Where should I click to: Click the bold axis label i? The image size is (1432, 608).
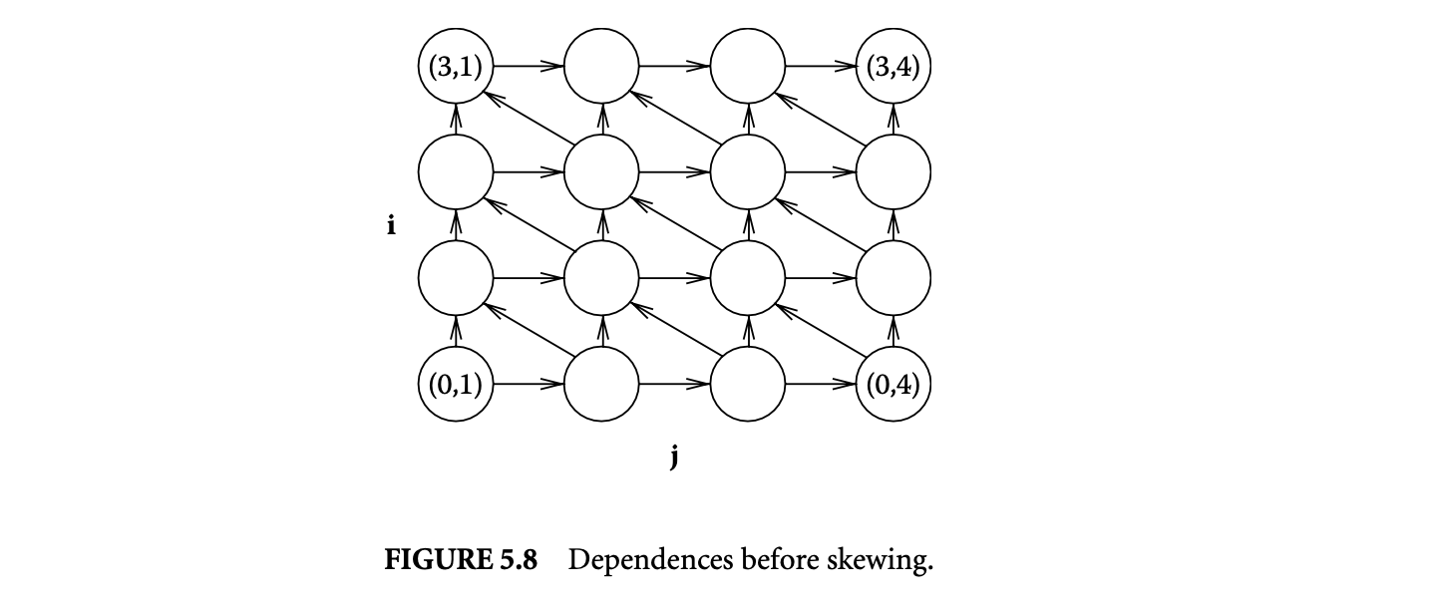click(391, 226)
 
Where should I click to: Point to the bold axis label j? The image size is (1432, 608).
click(674, 457)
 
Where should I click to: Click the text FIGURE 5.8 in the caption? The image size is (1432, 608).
click(461, 560)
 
